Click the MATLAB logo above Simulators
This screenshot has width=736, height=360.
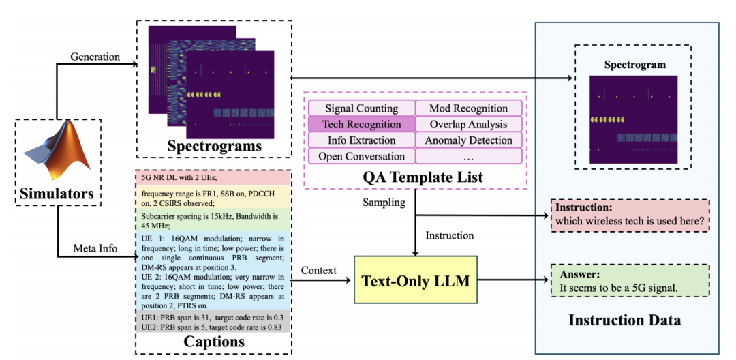click(59, 151)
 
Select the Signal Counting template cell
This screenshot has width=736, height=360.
click(361, 108)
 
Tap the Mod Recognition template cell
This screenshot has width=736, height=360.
click(468, 108)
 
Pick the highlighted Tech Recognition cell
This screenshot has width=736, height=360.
click(361, 124)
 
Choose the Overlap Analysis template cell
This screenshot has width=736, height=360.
click(468, 124)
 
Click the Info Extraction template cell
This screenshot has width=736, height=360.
click(361, 140)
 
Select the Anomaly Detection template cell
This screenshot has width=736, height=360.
click(468, 140)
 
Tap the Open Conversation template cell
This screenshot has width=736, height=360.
click(361, 156)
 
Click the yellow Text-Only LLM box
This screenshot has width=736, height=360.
click(415, 280)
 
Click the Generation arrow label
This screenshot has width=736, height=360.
click(95, 57)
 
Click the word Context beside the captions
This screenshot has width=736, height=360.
click(318, 270)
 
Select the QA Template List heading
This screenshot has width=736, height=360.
click(414, 177)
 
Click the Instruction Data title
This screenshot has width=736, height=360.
click(624, 319)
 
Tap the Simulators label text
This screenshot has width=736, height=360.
click(58, 194)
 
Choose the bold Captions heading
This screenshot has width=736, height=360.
click(213, 342)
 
